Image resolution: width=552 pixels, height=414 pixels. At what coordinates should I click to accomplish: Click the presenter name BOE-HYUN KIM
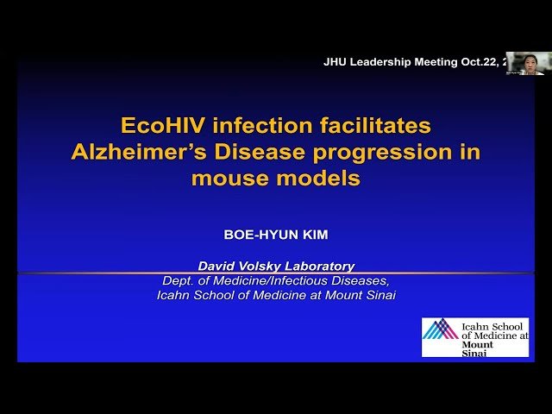[x=276, y=234]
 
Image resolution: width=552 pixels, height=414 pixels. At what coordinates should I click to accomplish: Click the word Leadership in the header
[x=380, y=62]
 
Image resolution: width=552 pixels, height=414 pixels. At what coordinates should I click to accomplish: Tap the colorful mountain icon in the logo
[x=441, y=329]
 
